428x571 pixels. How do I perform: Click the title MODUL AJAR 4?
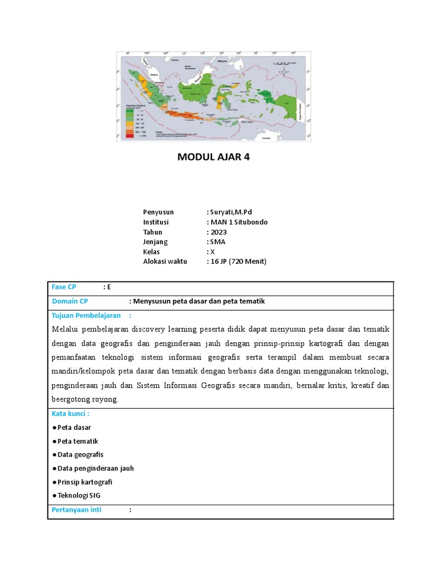pyautogui.click(x=213, y=157)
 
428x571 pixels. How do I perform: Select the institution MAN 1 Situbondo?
pyautogui.click(x=239, y=222)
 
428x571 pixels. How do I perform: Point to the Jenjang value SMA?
pyautogui.click(x=217, y=242)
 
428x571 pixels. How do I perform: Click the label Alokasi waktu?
pyautogui.click(x=165, y=261)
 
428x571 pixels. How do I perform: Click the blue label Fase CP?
pyautogui.click(x=64, y=287)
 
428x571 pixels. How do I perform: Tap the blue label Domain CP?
pyautogui.click(x=70, y=301)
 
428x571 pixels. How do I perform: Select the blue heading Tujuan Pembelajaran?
pyautogui.click(x=86, y=316)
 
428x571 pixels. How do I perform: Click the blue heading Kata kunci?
pyautogui.click(x=70, y=414)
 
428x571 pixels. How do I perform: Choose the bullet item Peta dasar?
pyautogui.click(x=74, y=428)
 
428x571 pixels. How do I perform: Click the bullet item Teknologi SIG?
pyautogui.click(x=79, y=495)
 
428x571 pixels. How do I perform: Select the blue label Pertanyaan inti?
pyautogui.click(x=76, y=510)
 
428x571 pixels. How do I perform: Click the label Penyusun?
pyautogui.click(x=158, y=212)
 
